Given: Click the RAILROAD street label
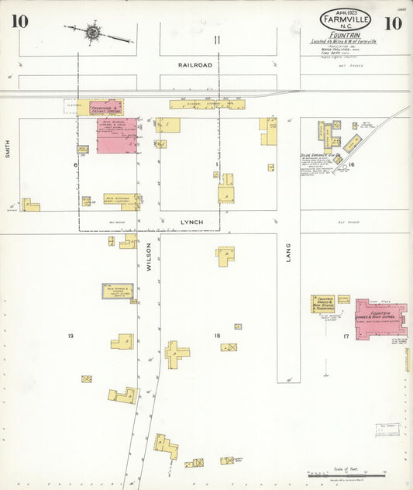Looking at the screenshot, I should pos(194,66).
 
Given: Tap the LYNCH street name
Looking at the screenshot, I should pos(191,223).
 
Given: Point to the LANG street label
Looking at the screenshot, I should pos(287,253).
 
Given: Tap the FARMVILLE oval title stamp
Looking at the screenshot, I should pos(345,19).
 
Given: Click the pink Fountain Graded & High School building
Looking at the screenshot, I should pos(380,319).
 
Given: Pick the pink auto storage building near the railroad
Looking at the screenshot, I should pos(117,134).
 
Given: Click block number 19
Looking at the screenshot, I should pos(71,335).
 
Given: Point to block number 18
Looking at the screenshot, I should pos(218,335).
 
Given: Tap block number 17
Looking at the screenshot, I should pos(346,336).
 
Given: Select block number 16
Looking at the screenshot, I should pos(351,165).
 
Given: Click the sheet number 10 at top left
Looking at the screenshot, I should pos(19,21).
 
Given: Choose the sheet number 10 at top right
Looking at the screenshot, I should pos(393,22).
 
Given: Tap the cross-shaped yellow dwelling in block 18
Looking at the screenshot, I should pos(176,354).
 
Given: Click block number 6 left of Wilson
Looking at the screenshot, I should pos(75,165).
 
